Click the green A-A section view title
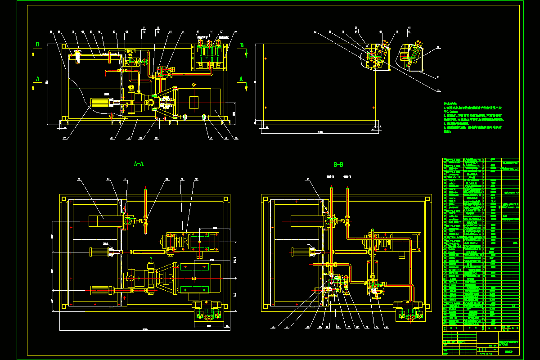click(x=139, y=164)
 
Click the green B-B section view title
click(x=338, y=165)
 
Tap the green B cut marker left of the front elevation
click(x=38, y=45)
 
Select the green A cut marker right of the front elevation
click(x=241, y=79)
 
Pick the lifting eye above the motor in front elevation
click(x=194, y=85)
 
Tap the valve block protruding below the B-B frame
click(x=410, y=313)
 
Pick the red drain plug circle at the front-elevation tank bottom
click(x=111, y=116)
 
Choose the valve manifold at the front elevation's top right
click(x=210, y=55)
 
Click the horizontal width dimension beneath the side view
click(x=320, y=132)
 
